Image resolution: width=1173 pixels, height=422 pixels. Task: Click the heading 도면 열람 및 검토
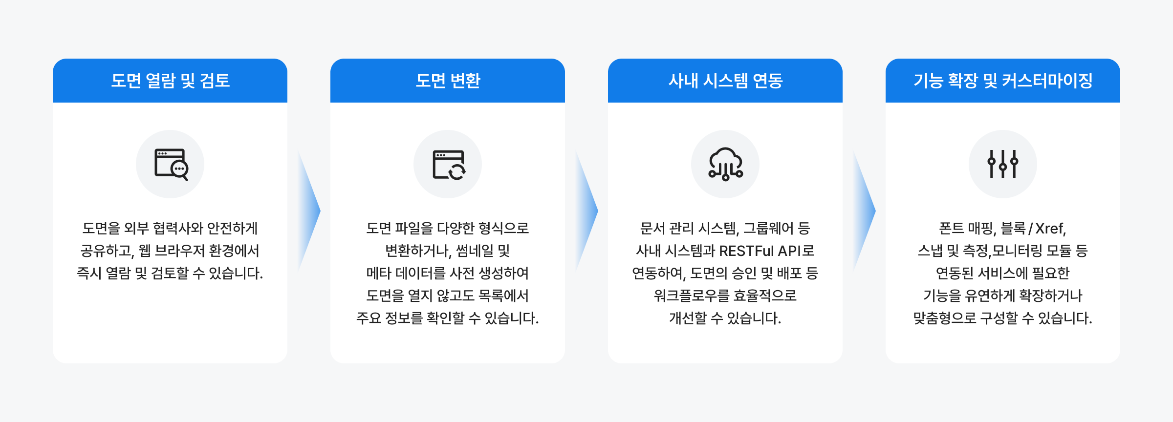[170, 81]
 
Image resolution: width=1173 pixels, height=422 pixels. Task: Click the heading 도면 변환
[448, 81]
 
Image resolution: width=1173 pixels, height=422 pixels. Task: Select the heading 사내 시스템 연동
[725, 81]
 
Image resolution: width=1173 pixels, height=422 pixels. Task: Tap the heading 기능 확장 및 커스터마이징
[1003, 81]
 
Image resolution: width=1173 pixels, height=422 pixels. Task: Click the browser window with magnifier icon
[171, 164]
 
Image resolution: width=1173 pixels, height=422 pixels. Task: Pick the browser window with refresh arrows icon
[449, 165]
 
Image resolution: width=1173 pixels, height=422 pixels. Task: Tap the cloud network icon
[726, 164]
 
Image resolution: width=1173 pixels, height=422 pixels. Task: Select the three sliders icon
[1003, 164]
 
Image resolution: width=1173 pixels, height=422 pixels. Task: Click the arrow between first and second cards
[309, 211]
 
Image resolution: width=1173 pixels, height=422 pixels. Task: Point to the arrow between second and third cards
[586, 211]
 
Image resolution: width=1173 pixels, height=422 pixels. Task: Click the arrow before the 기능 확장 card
[864, 211]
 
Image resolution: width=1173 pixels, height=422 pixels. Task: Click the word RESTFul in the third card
[746, 251]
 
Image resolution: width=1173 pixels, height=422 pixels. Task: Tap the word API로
[796, 251]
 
